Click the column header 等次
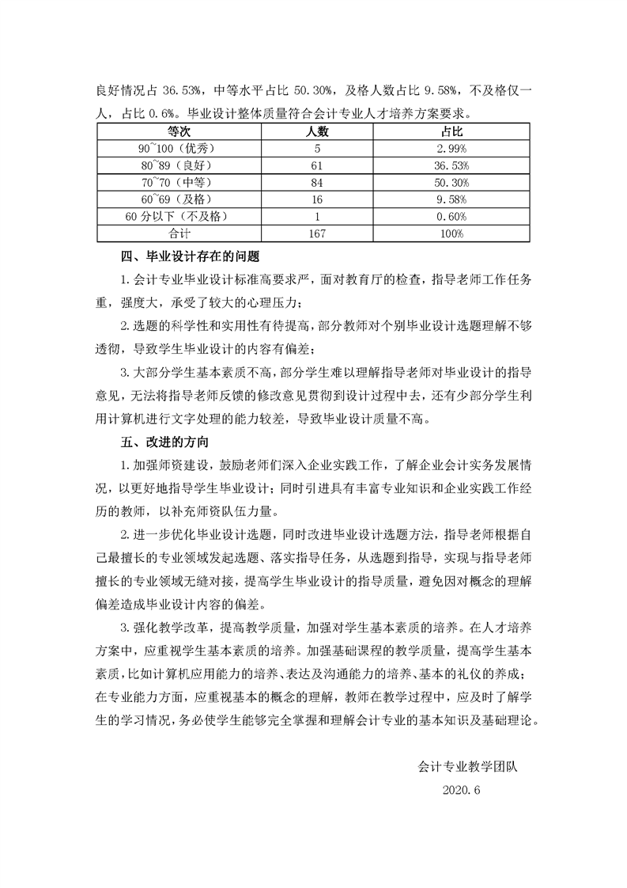coord(175,130)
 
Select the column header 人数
coord(317,130)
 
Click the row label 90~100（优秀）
coord(175,147)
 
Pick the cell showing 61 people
coord(317,165)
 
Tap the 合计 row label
coord(175,233)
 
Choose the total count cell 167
coord(317,233)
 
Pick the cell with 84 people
coord(317,182)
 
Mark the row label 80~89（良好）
coord(175,165)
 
